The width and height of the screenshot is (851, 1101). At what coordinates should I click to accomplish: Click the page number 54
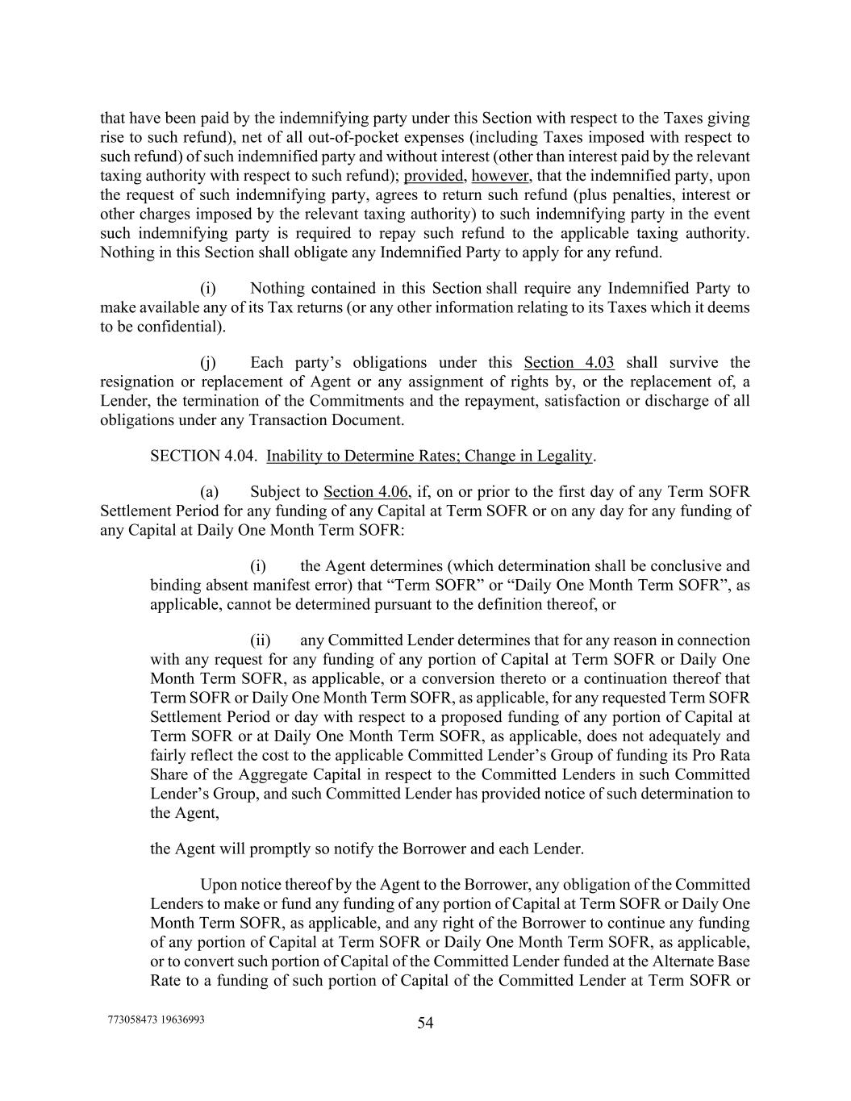click(x=425, y=1023)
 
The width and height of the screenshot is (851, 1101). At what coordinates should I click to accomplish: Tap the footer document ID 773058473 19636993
click(x=156, y=1019)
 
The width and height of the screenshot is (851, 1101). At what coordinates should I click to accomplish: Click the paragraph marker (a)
click(x=209, y=491)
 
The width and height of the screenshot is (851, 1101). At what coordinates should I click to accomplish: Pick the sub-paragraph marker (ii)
click(x=261, y=640)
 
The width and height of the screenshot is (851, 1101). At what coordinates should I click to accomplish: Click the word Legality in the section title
click(x=564, y=456)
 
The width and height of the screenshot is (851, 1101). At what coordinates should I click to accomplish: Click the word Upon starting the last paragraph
click(x=218, y=884)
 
